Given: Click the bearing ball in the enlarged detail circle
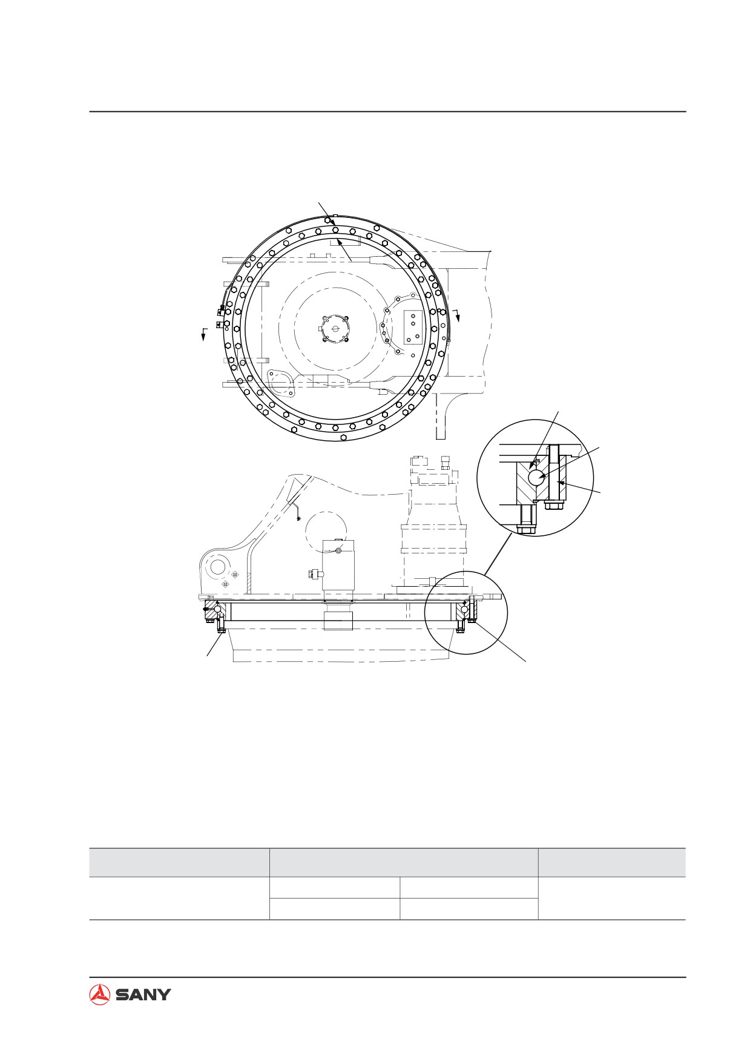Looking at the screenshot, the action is (x=536, y=478).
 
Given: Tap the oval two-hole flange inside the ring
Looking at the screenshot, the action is (x=280, y=381).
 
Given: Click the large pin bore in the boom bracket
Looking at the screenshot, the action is (x=217, y=569).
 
